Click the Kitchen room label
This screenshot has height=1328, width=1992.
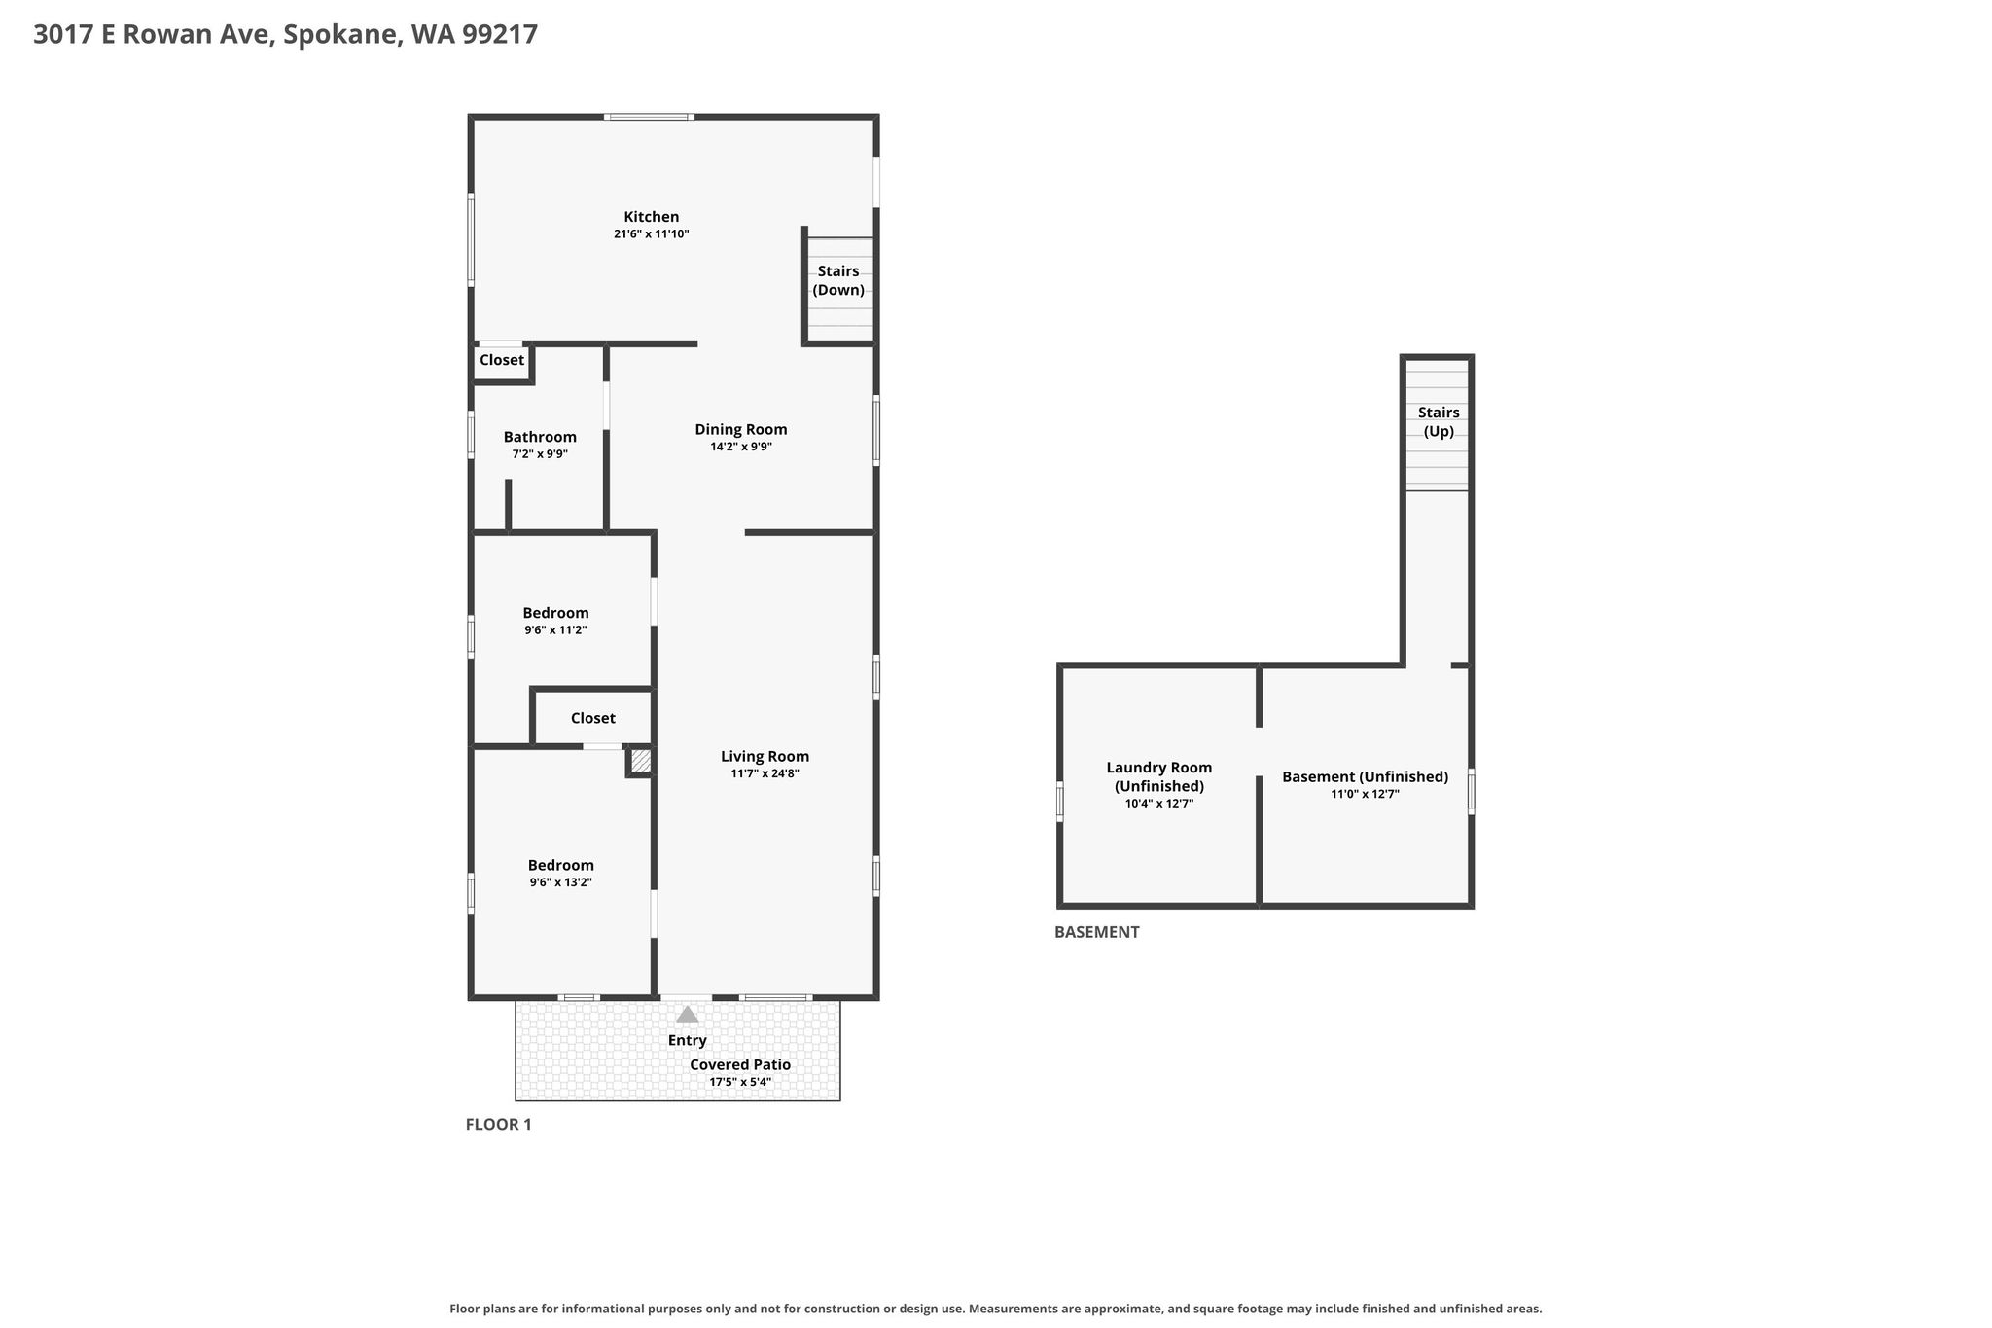click(651, 217)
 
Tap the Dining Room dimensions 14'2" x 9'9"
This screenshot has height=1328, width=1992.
click(741, 447)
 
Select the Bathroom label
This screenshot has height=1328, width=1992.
click(540, 437)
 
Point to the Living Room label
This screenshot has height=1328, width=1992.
click(765, 756)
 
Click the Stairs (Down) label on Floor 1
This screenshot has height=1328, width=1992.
click(838, 280)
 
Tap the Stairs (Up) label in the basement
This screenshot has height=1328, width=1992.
click(1439, 422)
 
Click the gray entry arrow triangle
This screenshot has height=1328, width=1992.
click(688, 1014)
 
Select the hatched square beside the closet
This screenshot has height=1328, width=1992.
click(641, 761)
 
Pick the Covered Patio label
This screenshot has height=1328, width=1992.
click(740, 1064)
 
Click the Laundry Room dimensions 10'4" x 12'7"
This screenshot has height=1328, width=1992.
click(1159, 804)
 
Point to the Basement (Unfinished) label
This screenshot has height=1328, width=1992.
click(1365, 776)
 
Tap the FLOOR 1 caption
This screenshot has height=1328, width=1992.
click(499, 1125)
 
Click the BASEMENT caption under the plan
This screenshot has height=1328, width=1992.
click(1097, 932)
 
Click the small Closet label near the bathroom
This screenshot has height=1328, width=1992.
click(502, 360)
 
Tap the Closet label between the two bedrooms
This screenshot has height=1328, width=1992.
click(593, 718)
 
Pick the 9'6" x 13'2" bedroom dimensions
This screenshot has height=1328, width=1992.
click(561, 882)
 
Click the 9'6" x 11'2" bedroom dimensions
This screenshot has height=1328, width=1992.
click(555, 630)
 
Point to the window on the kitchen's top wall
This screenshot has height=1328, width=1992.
click(649, 117)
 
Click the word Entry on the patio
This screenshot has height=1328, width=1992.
click(688, 1040)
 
